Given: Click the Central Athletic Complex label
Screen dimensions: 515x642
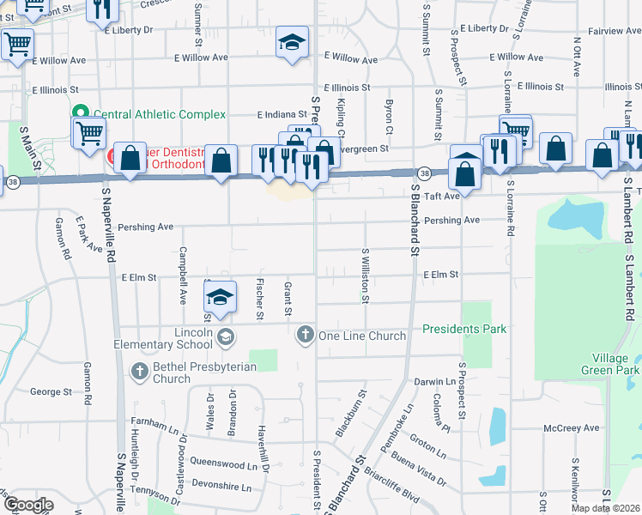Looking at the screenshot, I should pos(159,114).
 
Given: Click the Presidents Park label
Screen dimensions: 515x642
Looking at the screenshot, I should pos(463,329).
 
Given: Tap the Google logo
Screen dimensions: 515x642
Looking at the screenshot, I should pos(28,504).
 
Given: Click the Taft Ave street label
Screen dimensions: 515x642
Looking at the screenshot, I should pos(439,195).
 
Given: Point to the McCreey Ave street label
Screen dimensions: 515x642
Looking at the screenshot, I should pos(572,427).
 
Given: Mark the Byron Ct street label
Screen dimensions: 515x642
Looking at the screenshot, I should pos(389,117).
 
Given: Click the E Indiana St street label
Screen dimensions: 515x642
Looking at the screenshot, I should pos(282,114).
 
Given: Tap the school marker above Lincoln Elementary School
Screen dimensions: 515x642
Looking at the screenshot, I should pos(221,297).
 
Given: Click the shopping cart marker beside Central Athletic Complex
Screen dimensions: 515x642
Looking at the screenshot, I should pos(88,134).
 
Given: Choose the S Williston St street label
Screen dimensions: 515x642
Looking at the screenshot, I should pos(366,276).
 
